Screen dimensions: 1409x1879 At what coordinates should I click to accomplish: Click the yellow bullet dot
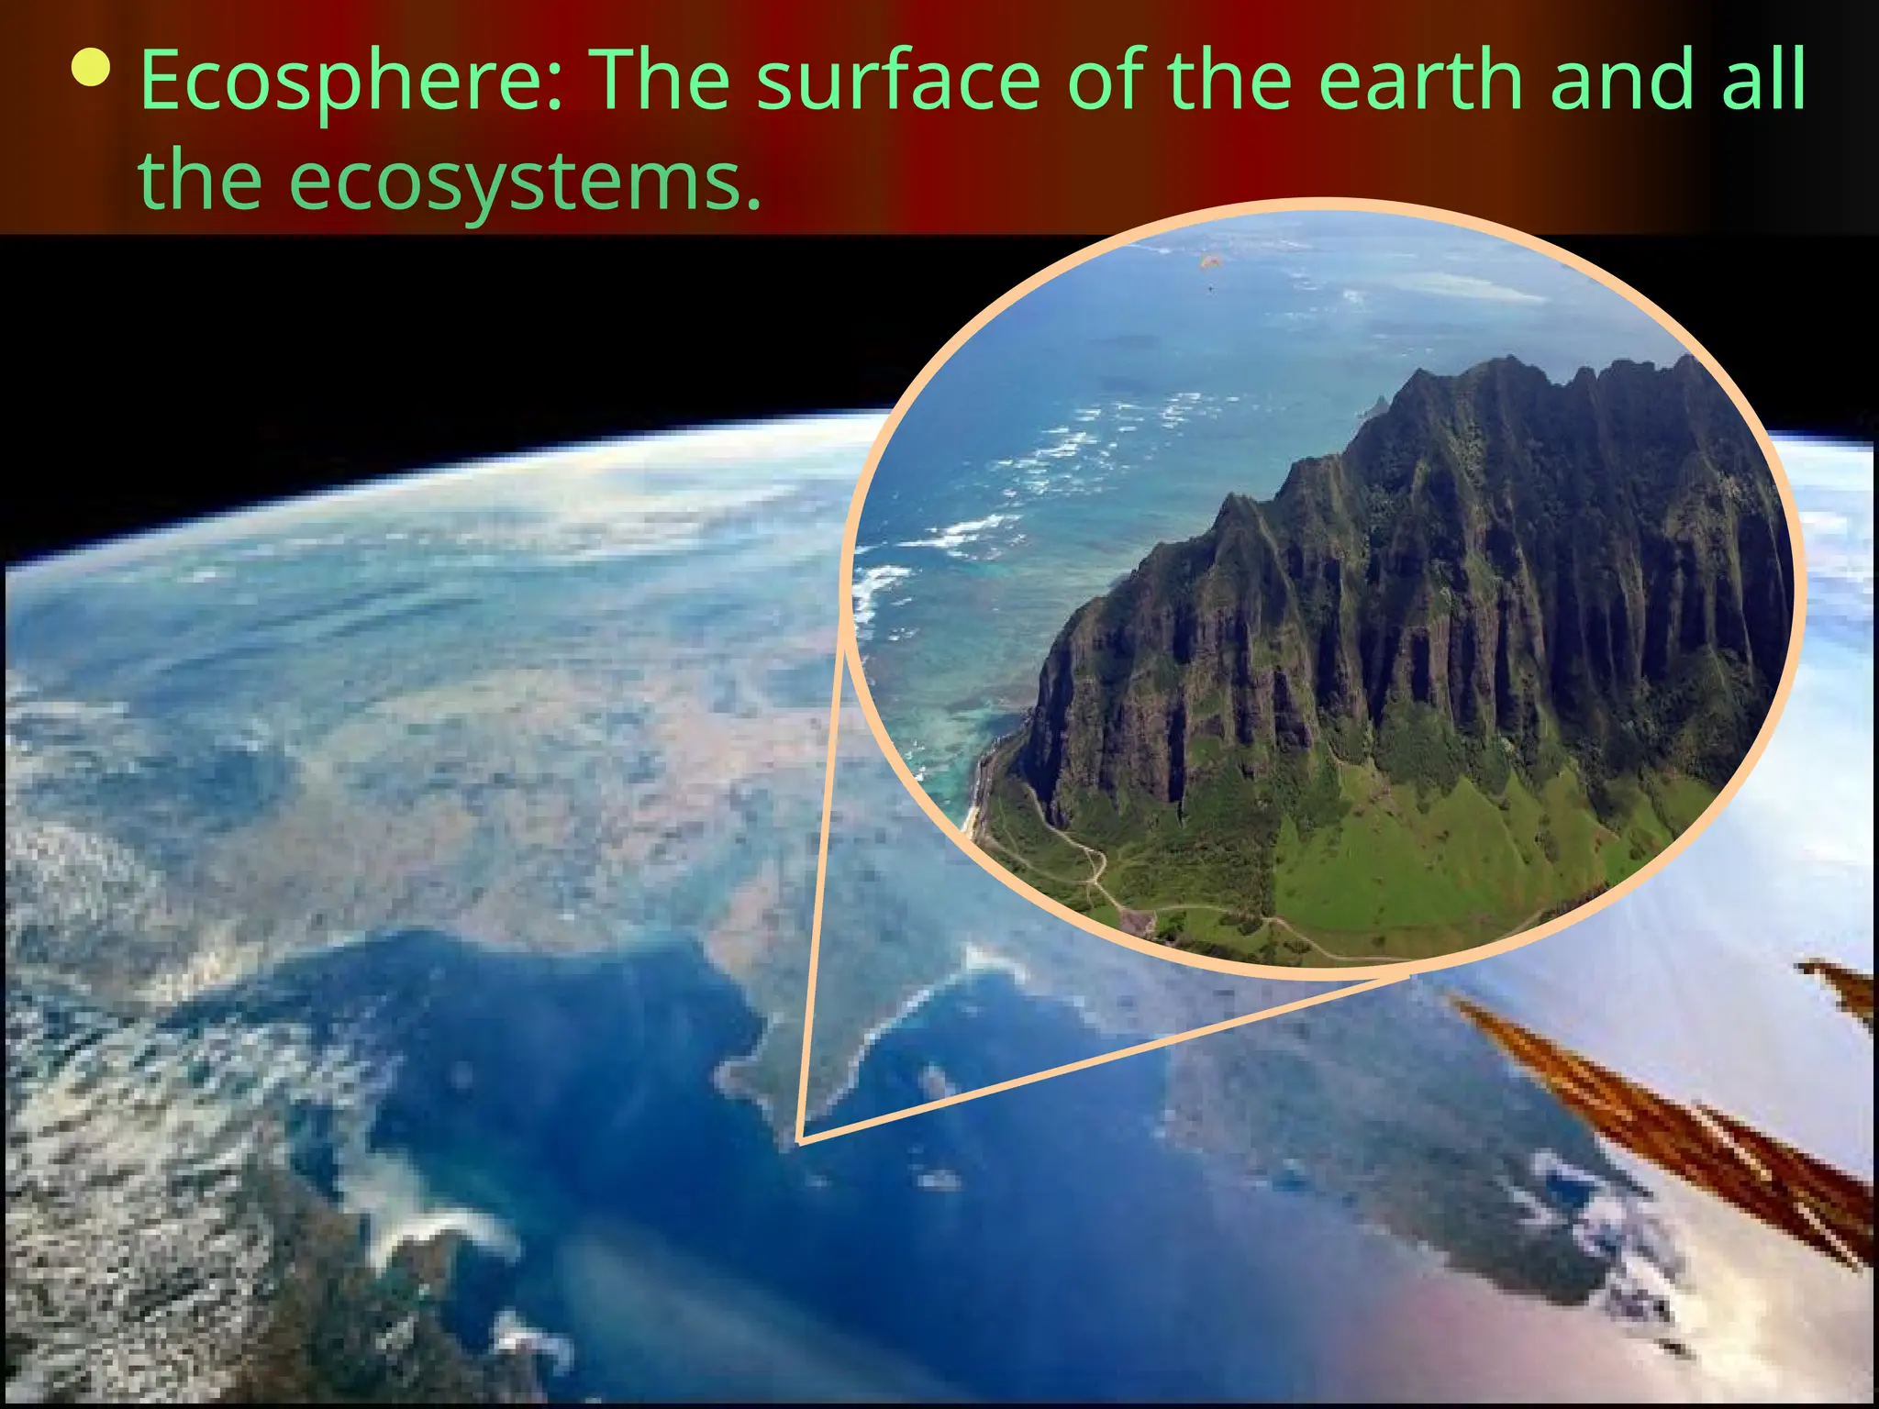(93, 68)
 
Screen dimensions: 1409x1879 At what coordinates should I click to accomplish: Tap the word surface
(898, 81)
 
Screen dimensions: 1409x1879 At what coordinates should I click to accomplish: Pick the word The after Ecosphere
(659, 81)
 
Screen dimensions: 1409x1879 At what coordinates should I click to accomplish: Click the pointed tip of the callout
(800, 1140)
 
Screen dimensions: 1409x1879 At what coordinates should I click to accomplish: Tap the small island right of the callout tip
(936, 1082)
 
